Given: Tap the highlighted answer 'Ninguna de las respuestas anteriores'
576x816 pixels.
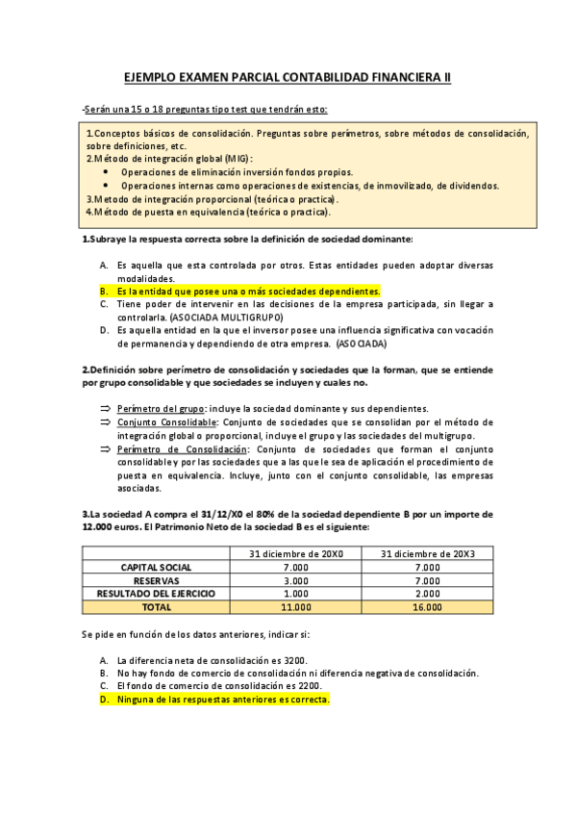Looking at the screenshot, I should pos(222,700).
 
